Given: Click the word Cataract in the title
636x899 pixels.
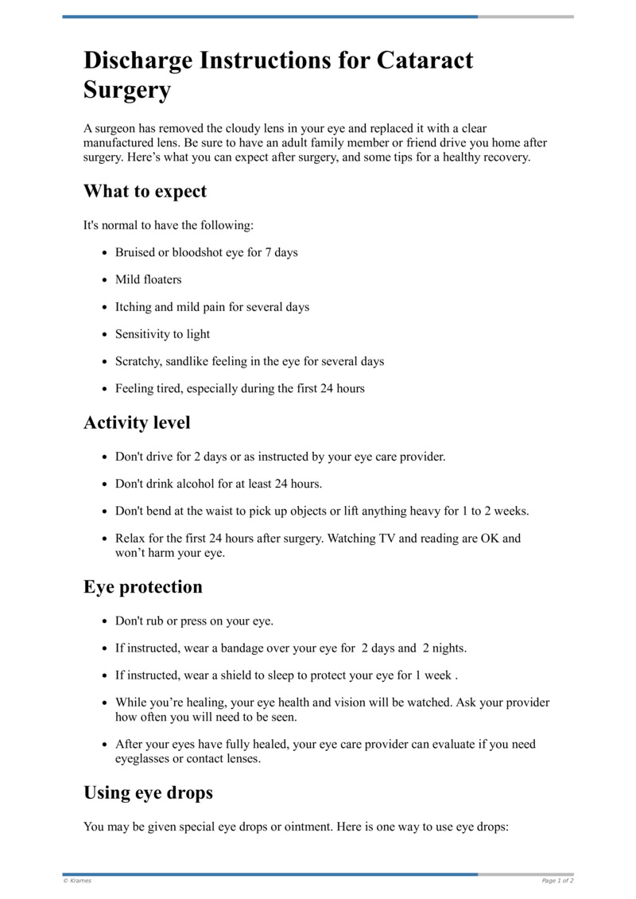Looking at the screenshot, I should pos(423,60).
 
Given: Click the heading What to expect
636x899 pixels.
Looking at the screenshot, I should pos(145,192).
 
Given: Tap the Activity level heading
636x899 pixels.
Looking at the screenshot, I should pos(137,422).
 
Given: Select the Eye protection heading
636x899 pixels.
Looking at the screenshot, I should pos(143,587).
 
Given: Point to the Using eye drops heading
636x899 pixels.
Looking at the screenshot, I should pos(148,793).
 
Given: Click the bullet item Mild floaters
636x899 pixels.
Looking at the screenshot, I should pos(148,280).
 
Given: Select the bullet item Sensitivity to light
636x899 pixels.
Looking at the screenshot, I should pos(162,334).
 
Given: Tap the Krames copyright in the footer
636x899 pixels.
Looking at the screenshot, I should pos(77,881).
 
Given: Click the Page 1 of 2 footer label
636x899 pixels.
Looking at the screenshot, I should pos(557,881).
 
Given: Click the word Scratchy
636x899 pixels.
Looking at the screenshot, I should pos(138,361).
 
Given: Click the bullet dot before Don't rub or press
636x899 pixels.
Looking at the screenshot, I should pos(106,621).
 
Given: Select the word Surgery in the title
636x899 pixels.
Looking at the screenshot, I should pos(127,91).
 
